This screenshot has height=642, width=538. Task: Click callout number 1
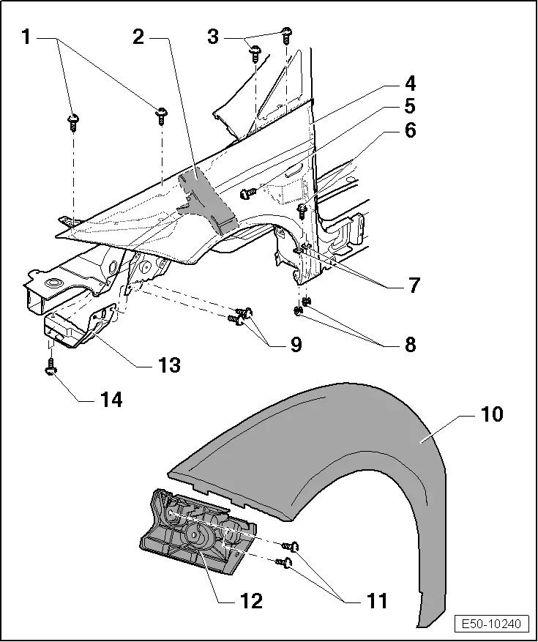[26, 37]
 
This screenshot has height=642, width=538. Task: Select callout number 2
[138, 37]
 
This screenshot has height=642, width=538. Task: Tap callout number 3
[213, 37]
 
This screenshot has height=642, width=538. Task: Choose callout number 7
[414, 285]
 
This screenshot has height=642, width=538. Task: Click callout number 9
[295, 343]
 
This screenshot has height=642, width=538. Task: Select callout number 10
[491, 414]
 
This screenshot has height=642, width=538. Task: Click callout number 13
[170, 364]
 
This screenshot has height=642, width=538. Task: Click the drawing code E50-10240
[491, 624]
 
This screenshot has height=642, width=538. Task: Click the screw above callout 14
[51, 365]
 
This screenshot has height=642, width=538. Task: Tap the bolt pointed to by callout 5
[247, 193]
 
